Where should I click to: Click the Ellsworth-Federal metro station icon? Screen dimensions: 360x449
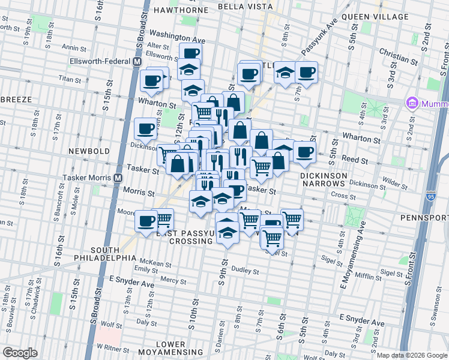137,62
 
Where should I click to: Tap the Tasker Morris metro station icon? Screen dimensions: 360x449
118,178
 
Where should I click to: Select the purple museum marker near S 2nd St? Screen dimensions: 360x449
412,103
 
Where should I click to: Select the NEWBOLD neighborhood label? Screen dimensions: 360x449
88,151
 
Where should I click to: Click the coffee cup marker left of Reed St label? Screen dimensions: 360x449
304,152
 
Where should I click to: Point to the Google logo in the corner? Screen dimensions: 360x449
20,353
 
